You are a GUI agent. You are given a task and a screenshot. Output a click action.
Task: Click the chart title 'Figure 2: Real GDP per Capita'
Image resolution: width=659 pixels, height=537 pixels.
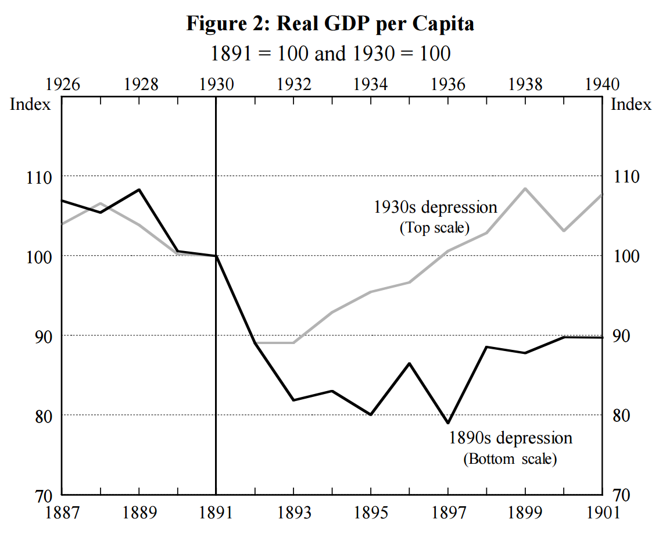pos(329,24)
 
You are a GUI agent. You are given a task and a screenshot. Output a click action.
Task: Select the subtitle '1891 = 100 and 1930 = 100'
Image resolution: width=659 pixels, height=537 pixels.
pos(329,53)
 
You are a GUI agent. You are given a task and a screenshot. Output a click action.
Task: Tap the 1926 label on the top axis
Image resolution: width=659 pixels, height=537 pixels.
pos(62,84)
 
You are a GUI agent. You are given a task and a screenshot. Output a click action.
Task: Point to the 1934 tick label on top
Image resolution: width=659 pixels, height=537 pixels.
pos(371,84)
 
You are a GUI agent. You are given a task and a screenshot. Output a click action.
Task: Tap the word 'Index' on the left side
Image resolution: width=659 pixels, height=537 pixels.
pos(30,105)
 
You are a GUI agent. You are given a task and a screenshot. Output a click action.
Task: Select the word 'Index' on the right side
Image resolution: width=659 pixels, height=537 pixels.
pos(631,105)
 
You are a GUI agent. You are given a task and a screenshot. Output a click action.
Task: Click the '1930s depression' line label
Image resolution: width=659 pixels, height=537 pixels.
pos(435,207)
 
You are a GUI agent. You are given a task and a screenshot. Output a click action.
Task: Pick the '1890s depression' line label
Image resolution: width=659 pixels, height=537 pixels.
pos(510,438)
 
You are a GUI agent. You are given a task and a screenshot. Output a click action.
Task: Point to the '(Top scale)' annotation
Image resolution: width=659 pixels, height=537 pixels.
pos(434,227)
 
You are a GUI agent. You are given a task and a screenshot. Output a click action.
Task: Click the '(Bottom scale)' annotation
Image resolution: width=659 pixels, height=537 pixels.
pos(510,459)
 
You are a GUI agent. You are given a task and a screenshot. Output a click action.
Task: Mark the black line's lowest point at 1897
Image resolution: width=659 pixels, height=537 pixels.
pos(448,423)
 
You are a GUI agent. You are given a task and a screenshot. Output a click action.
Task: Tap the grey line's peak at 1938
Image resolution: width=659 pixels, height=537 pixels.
pos(525,188)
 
